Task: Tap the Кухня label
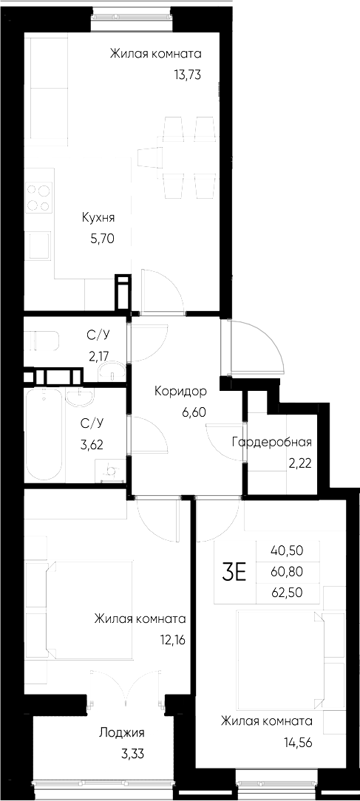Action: (98, 219)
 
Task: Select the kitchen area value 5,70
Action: (99, 238)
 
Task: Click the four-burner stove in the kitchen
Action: (39, 197)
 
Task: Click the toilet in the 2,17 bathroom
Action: (42, 341)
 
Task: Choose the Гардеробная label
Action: (271, 443)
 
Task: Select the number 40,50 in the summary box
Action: (288, 551)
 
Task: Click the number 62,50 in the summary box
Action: (288, 592)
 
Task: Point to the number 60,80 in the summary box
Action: (288, 571)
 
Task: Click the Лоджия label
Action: (122, 733)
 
